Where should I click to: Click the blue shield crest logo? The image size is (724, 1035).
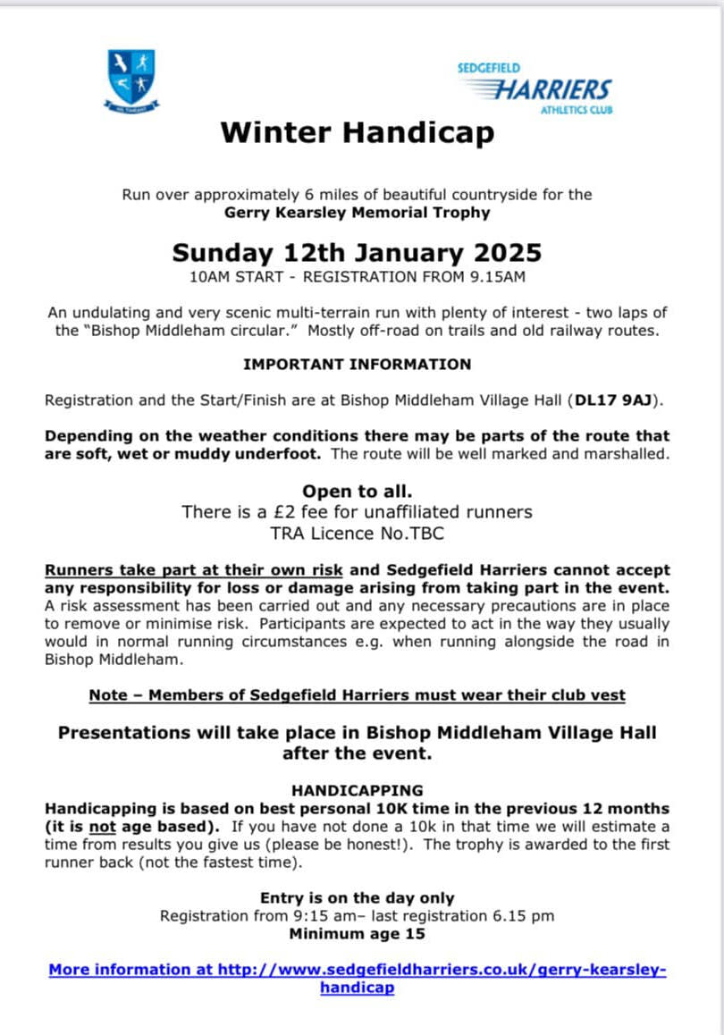tap(131, 80)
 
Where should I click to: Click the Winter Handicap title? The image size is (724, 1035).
tap(357, 133)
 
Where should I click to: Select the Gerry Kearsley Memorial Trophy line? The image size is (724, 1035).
tap(357, 213)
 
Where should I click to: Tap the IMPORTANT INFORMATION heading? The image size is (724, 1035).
tap(357, 365)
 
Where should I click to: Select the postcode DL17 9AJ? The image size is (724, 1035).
tap(617, 400)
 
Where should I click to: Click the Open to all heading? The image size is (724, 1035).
tap(357, 492)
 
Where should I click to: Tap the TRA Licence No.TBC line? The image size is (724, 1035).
tap(357, 534)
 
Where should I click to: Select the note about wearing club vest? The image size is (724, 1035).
tap(357, 695)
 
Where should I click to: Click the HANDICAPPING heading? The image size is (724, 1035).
tap(357, 790)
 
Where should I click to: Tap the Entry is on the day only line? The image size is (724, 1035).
tap(357, 898)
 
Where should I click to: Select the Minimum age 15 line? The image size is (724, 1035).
tap(357, 934)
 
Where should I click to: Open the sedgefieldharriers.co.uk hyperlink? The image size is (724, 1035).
tap(357, 971)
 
